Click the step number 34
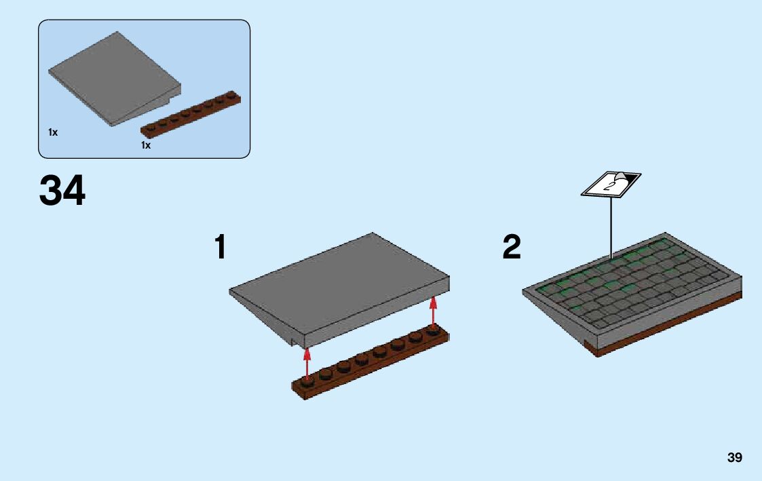(62, 191)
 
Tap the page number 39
(734, 458)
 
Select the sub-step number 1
(220, 248)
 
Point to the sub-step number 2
(512, 248)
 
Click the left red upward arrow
(307, 364)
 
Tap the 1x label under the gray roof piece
(53, 132)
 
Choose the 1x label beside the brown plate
(146, 145)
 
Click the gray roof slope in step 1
(339, 285)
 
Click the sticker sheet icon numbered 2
(611, 184)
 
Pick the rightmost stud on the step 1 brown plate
(433, 330)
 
